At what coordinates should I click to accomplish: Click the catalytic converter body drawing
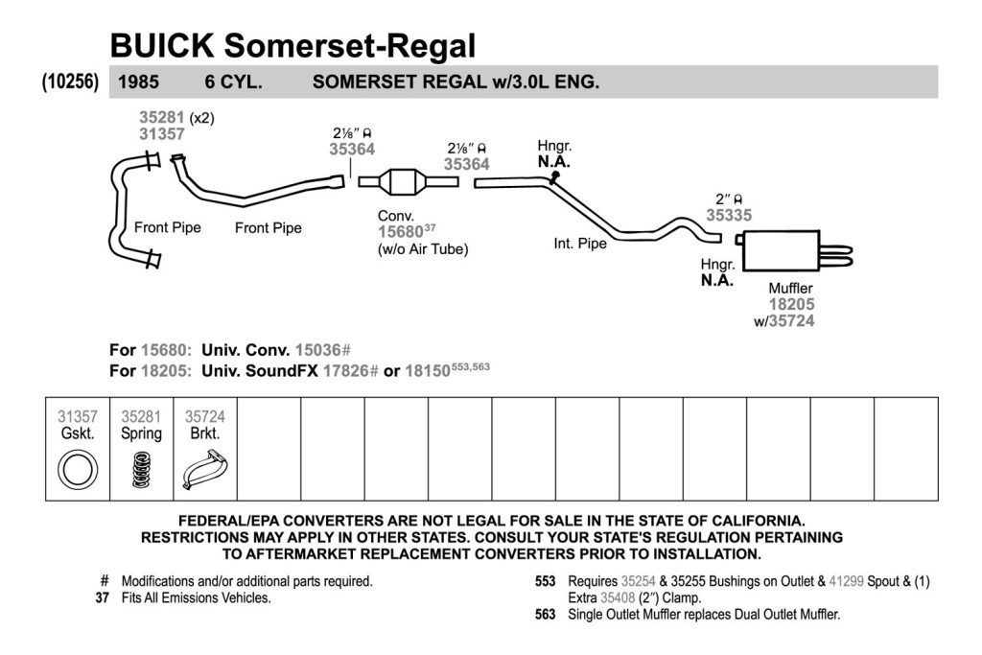click(407, 182)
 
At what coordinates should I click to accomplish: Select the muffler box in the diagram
click(781, 250)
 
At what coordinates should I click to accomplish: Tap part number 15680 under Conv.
click(400, 232)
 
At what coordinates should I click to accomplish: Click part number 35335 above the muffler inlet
click(729, 216)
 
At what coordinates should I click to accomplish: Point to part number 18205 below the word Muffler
click(791, 305)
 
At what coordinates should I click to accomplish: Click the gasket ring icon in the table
click(78, 470)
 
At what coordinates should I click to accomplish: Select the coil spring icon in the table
click(142, 470)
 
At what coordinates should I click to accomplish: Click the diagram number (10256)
click(70, 82)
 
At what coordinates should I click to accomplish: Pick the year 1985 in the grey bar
click(138, 82)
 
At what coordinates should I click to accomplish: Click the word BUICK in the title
click(162, 46)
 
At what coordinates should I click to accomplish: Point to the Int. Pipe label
click(580, 244)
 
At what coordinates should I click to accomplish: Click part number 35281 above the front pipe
click(161, 118)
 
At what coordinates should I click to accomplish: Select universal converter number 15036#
click(322, 350)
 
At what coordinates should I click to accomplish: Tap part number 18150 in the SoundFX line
click(427, 371)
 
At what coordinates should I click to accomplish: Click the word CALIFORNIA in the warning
click(752, 521)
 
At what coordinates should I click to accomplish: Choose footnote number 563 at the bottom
click(545, 615)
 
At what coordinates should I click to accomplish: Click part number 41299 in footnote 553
click(846, 581)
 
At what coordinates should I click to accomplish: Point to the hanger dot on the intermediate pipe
click(555, 176)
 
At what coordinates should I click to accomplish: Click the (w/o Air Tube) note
click(423, 249)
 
